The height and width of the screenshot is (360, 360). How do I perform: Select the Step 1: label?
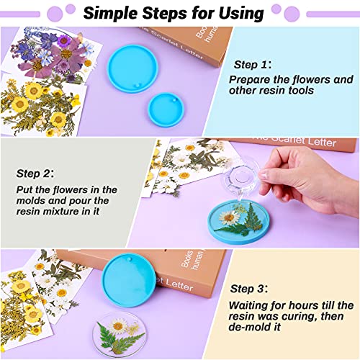point(250,64)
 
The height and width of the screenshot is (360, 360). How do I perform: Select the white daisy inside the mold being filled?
point(230,217)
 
